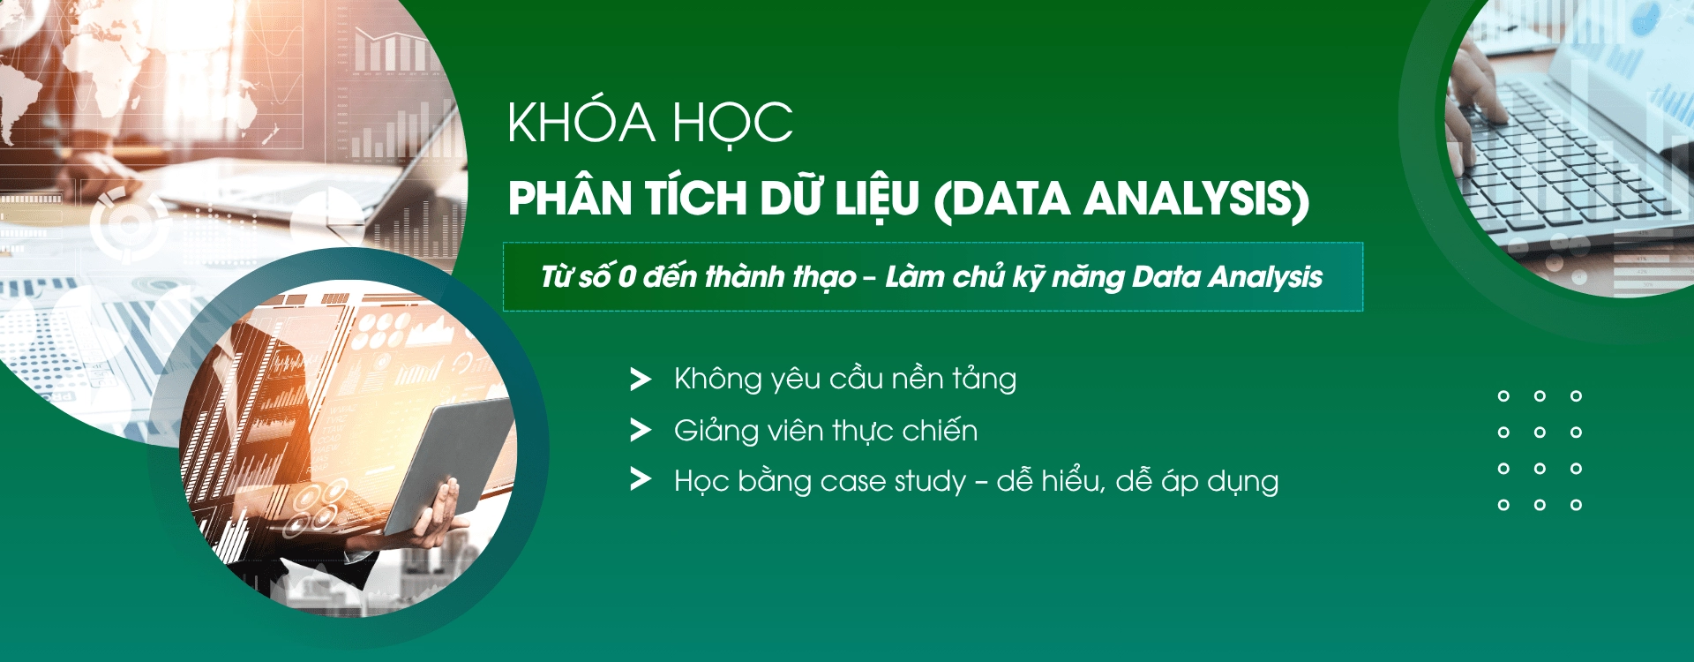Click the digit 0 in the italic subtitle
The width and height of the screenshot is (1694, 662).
tap(626, 277)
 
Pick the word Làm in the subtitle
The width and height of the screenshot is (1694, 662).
tap(913, 277)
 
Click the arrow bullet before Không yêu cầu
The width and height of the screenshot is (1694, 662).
tap(640, 380)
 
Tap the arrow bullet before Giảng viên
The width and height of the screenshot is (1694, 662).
tap(640, 431)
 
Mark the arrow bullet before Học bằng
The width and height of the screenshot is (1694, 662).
tap(640, 480)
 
